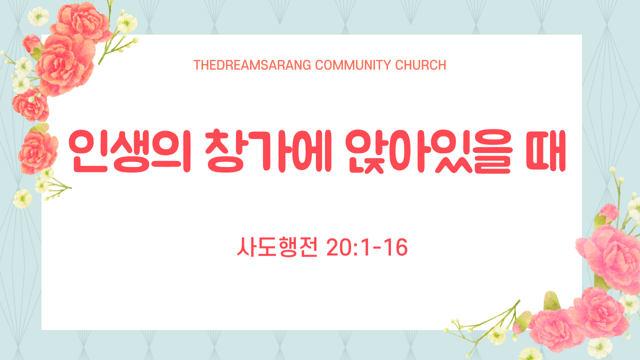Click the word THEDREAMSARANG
(252, 65)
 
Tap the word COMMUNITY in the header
(353, 65)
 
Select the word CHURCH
(420, 65)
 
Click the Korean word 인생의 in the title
(129, 151)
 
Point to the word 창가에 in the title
(268, 151)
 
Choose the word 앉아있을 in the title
(428, 151)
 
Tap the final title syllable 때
(546, 151)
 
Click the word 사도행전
(277, 247)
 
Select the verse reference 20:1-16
(367, 247)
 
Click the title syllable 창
(225, 151)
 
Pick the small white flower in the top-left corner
(38, 16)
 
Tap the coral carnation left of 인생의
(37, 152)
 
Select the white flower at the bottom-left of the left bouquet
(22, 198)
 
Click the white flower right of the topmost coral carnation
(127, 23)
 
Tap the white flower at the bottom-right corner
(599, 347)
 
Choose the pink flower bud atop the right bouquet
(608, 212)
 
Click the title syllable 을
(492, 151)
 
